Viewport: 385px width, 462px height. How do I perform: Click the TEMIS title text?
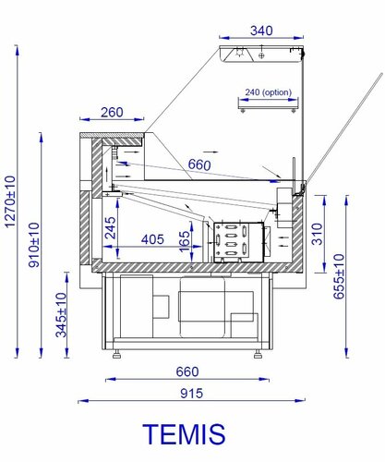pos(184,433)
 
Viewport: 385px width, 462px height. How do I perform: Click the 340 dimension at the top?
pos(261,30)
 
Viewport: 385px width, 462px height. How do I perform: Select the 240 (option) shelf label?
pos(268,92)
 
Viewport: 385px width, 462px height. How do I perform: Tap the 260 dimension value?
pos(112,113)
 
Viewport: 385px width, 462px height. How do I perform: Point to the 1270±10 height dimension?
pos(10,201)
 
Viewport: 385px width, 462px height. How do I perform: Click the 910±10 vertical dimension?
pos(34,245)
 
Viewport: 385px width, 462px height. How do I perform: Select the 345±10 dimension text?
pos(61,315)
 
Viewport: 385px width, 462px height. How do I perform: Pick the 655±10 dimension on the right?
pos(339,276)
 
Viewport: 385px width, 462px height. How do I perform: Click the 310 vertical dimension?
pos(317,234)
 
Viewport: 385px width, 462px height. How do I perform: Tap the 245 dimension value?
pos(111,228)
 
